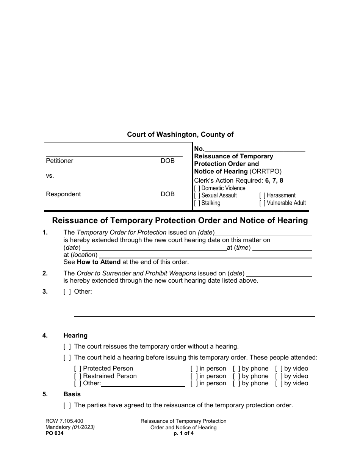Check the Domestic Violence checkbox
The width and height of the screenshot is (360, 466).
(x=197, y=188)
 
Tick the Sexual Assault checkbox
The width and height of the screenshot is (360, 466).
(x=197, y=195)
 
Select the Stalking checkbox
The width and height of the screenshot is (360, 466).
(x=197, y=203)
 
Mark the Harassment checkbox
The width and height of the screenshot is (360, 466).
(x=262, y=195)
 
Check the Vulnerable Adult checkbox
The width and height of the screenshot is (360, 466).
(x=262, y=203)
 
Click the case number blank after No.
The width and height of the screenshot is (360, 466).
(x=255, y=149)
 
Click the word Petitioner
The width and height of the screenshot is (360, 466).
(x=59, y=161)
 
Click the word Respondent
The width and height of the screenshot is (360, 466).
(x=63, y=194)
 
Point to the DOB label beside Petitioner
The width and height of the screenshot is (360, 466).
(x=167, y=161)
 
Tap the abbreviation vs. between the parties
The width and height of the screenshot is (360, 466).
(x=50, y=176)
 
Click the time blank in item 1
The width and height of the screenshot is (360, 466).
(x=282, y=248)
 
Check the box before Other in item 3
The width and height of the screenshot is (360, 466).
(x=67, y=292)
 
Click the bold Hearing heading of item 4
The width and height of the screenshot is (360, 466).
(x=75, y=336)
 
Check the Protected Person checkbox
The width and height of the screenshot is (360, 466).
(x=78, y=369)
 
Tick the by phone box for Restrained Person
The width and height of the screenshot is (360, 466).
(x=236, y=376)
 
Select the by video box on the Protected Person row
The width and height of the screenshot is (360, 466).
(x=279, y=369)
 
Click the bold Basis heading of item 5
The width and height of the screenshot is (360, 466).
(x=72, y=394)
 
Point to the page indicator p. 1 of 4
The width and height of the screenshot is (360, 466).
(x=183, y=434)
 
